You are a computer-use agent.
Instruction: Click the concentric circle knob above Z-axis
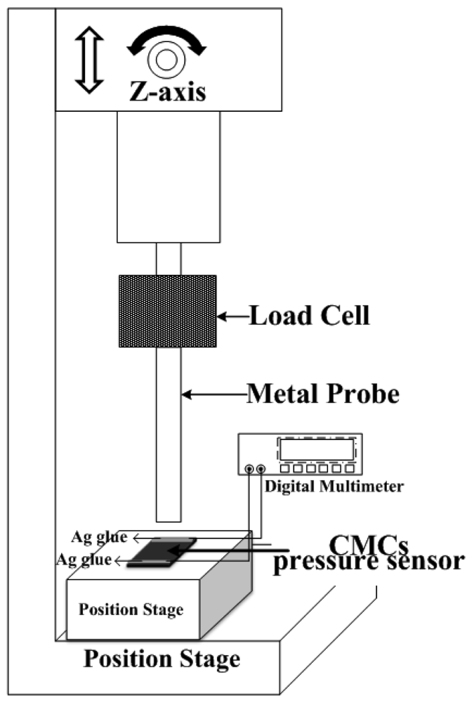(166, 60)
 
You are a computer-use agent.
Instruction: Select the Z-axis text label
(166, 91)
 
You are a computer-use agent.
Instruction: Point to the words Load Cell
(309, 317)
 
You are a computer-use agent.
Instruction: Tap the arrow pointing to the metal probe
(213, 395)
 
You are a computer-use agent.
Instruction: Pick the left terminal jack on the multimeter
(249, 469)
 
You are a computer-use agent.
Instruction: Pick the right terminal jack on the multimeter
(261, 469)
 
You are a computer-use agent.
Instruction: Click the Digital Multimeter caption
(334, 486)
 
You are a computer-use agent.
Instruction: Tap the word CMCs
(368, 543)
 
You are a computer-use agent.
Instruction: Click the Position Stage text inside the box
(132, 609)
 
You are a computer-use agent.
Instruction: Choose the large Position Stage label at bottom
(162, 659)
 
